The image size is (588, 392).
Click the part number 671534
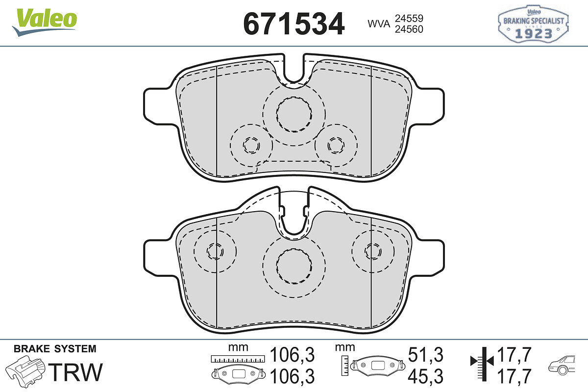(x=294, y=24)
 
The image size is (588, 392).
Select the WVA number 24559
(x=409, y=19)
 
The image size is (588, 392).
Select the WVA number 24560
(x=409, y=29)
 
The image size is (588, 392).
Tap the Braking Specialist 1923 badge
(x=533, y=24)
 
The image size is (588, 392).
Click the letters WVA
(x=379, y=24)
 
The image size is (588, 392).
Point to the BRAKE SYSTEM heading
(x=55, y=349)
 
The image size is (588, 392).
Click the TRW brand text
(x=75, y=372)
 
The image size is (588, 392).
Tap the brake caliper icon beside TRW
(x=25, y=371)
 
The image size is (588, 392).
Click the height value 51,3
(x=425, y=354)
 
